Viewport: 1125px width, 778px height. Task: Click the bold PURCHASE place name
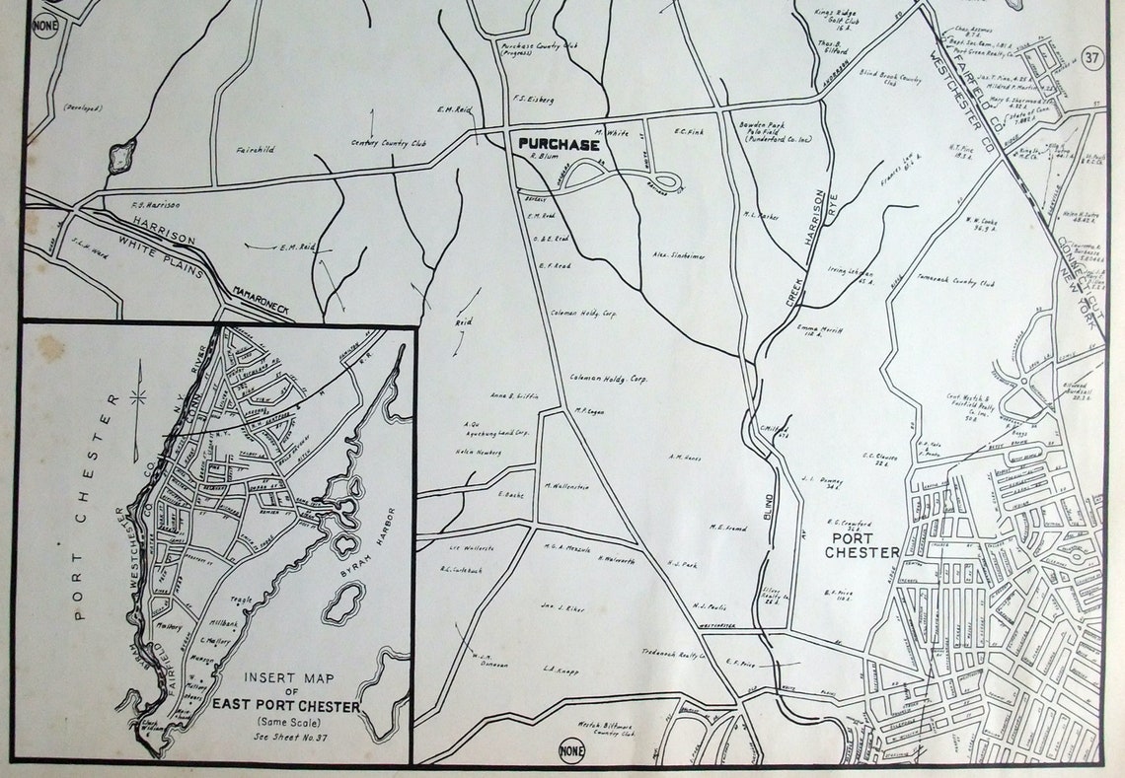(x=559, y=144)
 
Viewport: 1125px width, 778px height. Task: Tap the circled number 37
(x=1090, y=56)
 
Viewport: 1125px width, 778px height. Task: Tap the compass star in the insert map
(x=137, y=397)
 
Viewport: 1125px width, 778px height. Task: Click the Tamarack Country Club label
(x=957, y=281)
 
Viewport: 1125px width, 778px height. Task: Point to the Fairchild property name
(x=256, y=150)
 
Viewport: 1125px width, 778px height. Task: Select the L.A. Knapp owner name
(x=560, y=670)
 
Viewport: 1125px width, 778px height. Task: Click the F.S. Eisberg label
(x=533, y=99)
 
